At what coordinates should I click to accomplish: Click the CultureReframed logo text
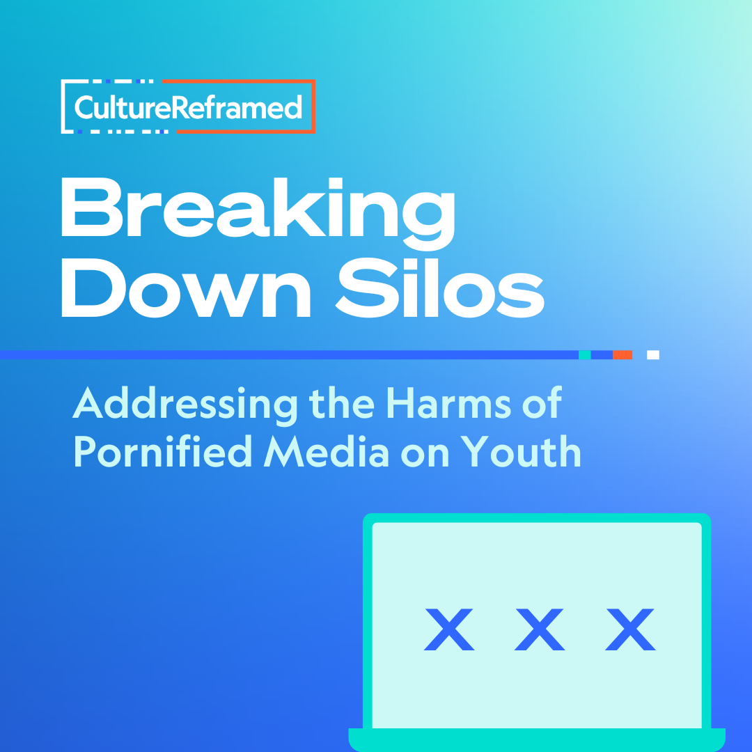tap(189, 107)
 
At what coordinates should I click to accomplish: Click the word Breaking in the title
tap(258, 214)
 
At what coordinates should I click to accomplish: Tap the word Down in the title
tap(186, 288)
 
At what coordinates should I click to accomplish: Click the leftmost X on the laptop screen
tap(449, 629)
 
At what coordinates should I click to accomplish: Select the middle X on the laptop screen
tap(540, 629)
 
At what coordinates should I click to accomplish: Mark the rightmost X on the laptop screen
tap(630, 629)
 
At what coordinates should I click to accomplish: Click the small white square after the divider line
tap(652, 355)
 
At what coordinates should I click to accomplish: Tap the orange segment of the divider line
tap(622, 355)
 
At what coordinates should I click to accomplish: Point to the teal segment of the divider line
tap(585, 355)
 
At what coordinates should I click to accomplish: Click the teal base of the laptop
tap(537, 739)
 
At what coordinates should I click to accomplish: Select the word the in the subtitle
tap(341, 403)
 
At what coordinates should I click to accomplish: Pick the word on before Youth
tap(425, 455)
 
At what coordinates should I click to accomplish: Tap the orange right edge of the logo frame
tap(313, 106)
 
